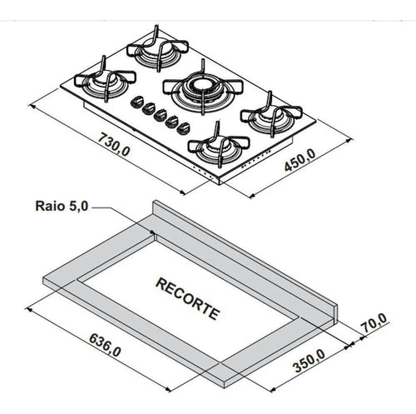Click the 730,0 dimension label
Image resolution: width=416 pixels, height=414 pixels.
coord(114,144)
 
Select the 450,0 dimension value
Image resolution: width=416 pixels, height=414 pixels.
coord(300,160)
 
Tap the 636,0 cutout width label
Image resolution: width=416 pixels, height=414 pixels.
coord(105,345)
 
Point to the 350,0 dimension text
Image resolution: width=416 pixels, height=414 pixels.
coord(310,361)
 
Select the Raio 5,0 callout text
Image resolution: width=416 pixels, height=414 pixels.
coord(62,207)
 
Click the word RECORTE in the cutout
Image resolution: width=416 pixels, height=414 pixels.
coord(188,299)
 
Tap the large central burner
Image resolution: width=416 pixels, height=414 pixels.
coord(203,88)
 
